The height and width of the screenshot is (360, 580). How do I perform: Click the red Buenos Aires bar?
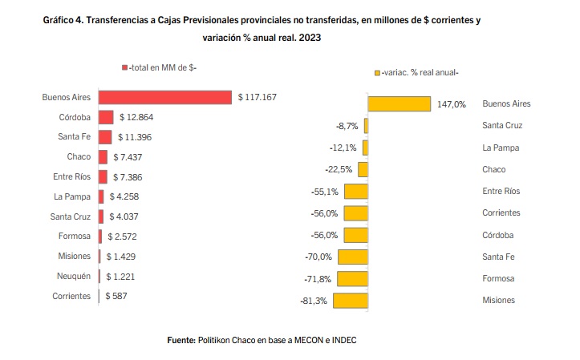[165, 97]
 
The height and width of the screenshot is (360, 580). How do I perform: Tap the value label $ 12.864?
[136, 117]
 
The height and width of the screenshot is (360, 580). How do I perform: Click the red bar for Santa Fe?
[105, 137]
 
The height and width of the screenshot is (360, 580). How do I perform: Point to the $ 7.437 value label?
[133, 156]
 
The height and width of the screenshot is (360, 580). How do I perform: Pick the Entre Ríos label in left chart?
[73, 176]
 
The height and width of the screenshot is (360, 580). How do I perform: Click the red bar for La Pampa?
[102, 196]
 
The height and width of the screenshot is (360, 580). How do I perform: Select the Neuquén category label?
[75, 275]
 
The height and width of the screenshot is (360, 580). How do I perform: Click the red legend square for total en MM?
[124, 69]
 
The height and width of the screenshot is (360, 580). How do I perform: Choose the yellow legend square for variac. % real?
[377, 73]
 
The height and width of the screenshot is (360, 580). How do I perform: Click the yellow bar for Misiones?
[351, 301]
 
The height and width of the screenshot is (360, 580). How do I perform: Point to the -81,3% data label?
[312, 301]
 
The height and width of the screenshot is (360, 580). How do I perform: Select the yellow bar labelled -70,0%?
[353, 257]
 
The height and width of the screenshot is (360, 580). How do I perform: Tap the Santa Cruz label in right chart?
[503, 126]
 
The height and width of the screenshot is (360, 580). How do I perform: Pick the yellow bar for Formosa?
[352, 278]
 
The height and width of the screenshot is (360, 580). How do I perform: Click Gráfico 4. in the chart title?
[65, 19]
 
